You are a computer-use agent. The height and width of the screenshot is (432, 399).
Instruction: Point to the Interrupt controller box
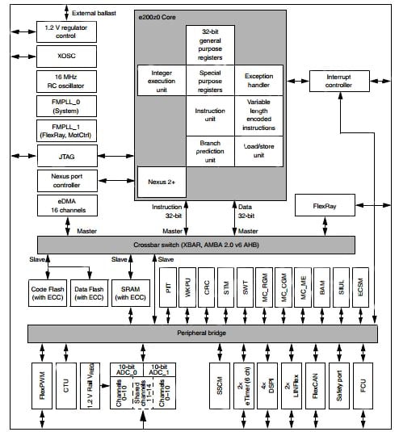pos(339,81)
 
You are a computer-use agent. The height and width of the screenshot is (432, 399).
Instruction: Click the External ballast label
pos(94,13)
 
